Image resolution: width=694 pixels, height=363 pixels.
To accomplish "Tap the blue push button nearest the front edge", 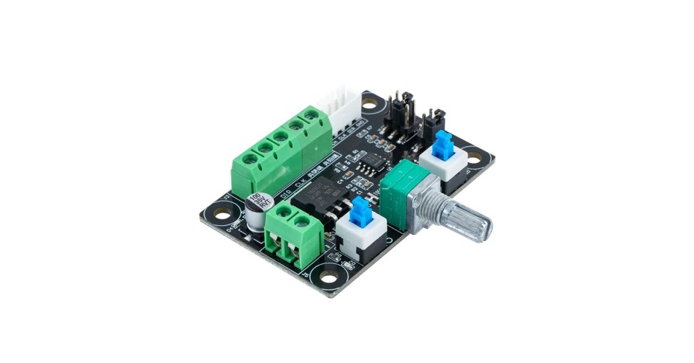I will (x=360, y=212).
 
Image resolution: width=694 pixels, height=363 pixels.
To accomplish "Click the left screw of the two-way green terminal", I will (x=281, y=218).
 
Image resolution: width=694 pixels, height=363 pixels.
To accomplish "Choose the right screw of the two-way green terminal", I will (x=301, y=220).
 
